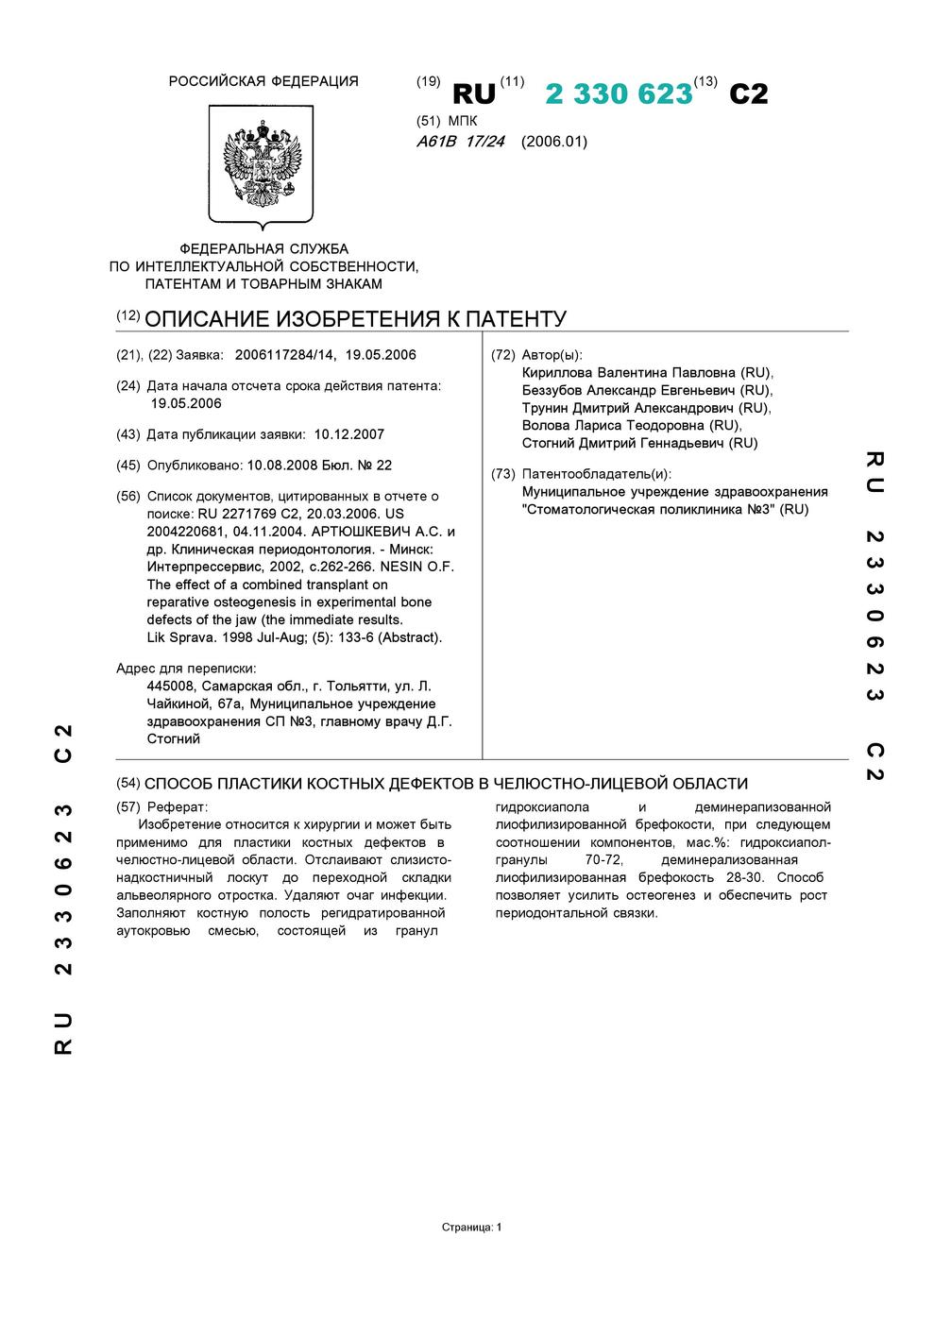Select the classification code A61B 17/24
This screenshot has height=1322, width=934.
pos(461,142)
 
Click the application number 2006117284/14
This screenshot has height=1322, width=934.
pos(284,355)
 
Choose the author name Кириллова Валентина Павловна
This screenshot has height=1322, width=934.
pos(628,372)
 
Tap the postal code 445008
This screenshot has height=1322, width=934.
pos(171,686)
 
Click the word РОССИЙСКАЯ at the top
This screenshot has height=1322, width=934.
pos(215,81)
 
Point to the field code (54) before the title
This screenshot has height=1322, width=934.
pos(127,783)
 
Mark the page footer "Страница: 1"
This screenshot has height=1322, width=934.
pos(471,1228)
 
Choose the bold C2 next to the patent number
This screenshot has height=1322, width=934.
pos(749,94)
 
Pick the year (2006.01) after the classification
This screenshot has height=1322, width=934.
pos(553,142)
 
